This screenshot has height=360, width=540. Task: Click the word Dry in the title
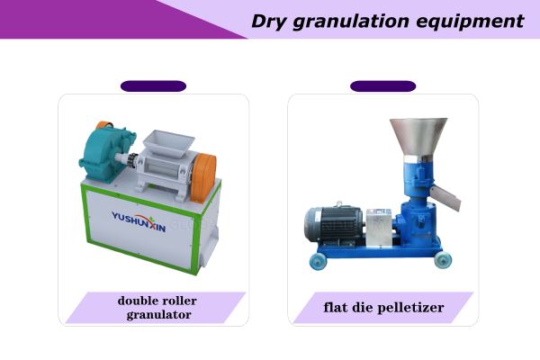[271, 21]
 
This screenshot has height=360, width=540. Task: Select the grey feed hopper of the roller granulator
[166, 139]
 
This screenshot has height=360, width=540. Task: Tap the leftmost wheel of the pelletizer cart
[317, 262]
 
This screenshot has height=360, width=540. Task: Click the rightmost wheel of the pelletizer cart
[443, 260]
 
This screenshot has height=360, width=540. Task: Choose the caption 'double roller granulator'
[157, 307]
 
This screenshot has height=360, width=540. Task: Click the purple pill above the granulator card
[153, 86]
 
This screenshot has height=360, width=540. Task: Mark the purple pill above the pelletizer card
[382, 86]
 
